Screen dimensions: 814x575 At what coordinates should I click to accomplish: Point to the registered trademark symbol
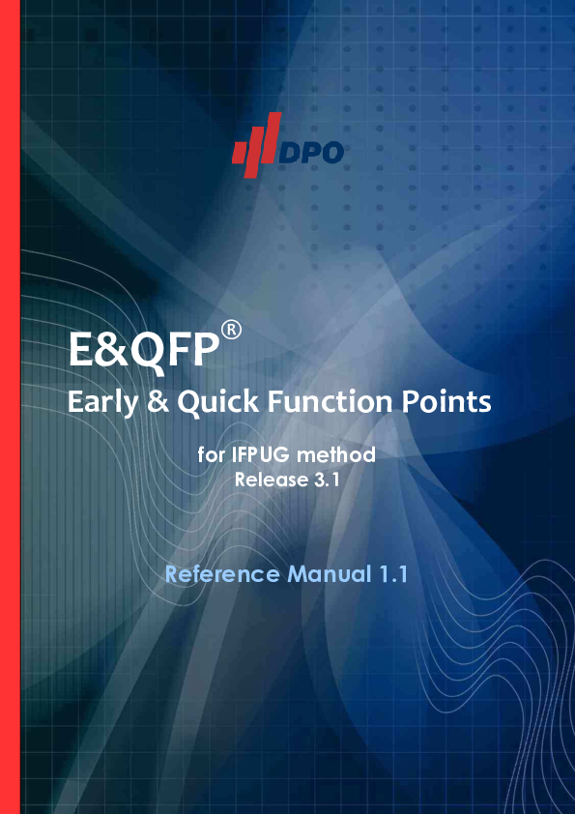[231, 331]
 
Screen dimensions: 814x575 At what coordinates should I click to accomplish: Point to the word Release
[270, 478]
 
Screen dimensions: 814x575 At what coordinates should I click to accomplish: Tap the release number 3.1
[326, 478]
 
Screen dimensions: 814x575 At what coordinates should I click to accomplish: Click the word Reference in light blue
[221, 574]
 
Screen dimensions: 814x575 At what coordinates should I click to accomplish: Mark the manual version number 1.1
[389, 574]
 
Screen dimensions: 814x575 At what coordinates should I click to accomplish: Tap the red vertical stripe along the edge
[10, 407]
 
